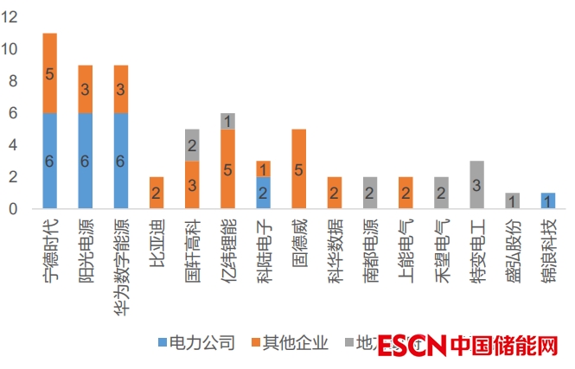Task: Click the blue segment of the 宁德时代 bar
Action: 49,160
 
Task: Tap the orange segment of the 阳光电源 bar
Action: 86,89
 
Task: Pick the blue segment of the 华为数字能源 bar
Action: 121,160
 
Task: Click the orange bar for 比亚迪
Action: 157,192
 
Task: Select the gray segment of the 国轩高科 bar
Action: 193,144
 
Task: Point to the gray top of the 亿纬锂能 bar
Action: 228,121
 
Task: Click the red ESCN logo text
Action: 412,346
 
